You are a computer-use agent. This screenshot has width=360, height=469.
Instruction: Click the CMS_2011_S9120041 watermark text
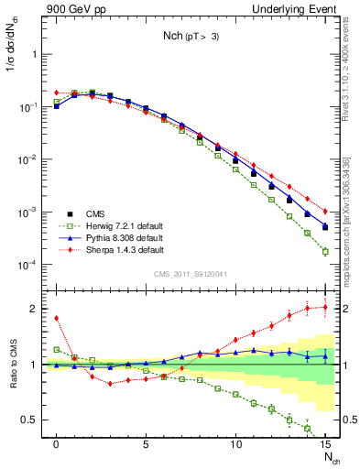click(x=191, y=272)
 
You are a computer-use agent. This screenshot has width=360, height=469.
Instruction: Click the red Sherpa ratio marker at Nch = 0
click(x=57, y=319)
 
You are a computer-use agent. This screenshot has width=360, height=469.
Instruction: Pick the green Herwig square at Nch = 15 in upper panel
click(x=325, y=251)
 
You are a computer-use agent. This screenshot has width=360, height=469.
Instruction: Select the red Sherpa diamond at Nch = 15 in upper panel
click(x=325, y=211)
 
